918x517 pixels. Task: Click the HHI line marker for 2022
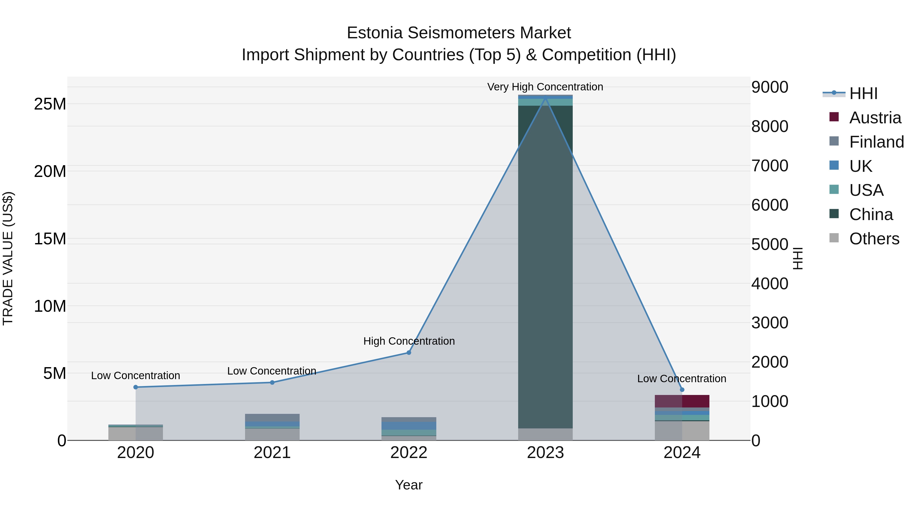tap(409, 353)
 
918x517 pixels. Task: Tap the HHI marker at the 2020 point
tap(135, 387)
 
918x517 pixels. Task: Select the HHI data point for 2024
tap(682, 390)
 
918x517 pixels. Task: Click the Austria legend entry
tap(875, 118)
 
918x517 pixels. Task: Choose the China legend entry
tap(871, 214)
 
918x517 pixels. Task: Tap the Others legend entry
tap(874, 239)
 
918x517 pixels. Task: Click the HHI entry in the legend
tap(863, 93)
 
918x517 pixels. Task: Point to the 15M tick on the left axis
tap(50, 239)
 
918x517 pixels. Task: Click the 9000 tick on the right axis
tap(770, 87)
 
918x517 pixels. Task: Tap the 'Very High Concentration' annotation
tap(545, 87)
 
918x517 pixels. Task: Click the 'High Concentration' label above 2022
tap(409, 341)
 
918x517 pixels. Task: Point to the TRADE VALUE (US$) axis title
tap(8, 258)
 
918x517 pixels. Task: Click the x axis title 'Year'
tap(409, 485)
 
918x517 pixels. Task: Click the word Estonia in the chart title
tap(375, 33)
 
